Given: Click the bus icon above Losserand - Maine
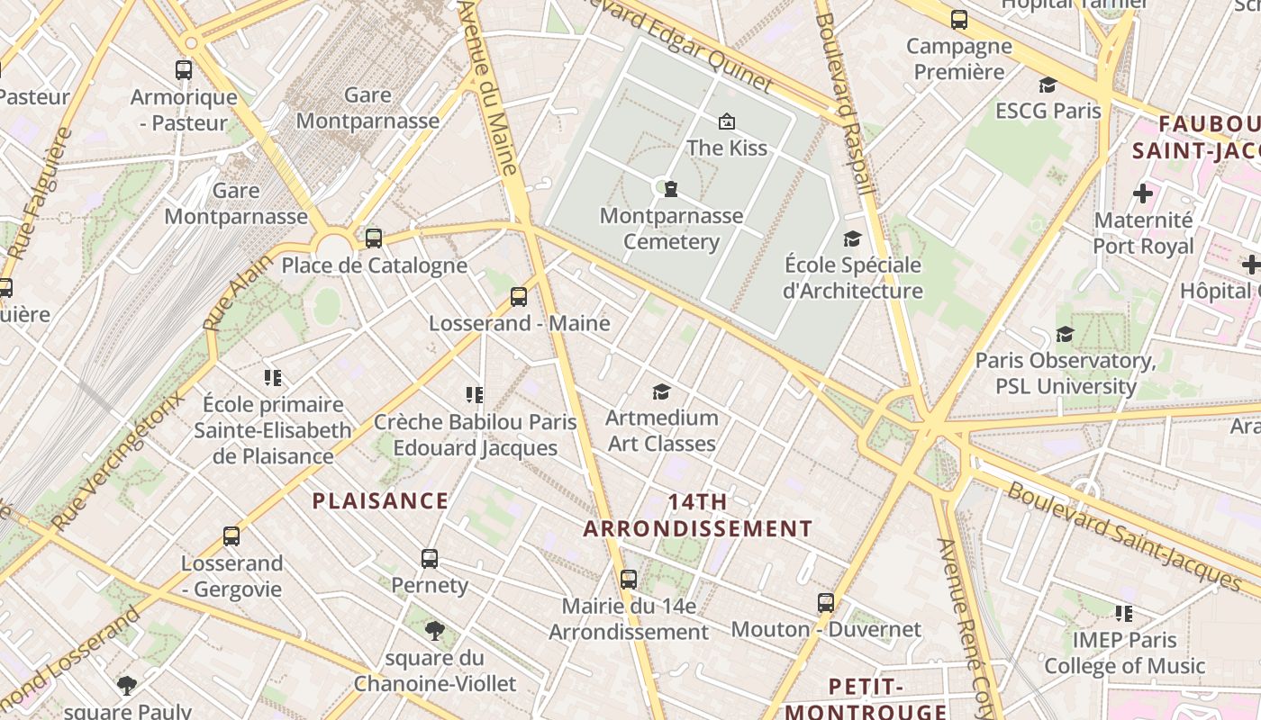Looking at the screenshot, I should tap(518, 296).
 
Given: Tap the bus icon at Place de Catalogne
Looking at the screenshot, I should tap(373, 238).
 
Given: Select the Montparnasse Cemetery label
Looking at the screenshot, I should tap(672, 229).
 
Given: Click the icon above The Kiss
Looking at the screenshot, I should tap(726, 121).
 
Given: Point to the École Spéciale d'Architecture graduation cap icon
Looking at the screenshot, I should tap(851, 238).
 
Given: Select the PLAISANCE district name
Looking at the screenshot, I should tap(380, 501).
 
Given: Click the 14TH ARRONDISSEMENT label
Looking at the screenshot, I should tap(697, 515).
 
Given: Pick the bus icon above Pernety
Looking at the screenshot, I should tap(430, 559).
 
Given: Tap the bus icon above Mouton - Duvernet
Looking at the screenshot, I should tap(825, 603).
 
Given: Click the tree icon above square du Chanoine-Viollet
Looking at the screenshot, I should tap(434, 630).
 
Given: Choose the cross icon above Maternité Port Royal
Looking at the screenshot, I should tap(1142, 193).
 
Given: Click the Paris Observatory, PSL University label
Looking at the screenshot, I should tap(1066, 373).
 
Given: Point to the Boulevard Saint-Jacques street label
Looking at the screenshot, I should tap(1123, 536).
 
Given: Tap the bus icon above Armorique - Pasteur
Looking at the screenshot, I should tap(184, 70).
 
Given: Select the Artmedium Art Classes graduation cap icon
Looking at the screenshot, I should tap(661, 391).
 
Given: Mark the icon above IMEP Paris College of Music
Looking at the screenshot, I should tap(1123, 614).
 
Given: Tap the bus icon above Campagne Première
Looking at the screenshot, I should tap(959, 20).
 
